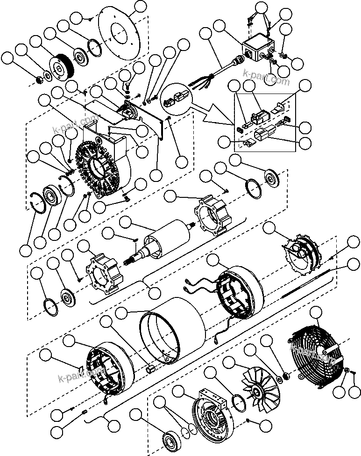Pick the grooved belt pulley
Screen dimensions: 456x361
point(61,68)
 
